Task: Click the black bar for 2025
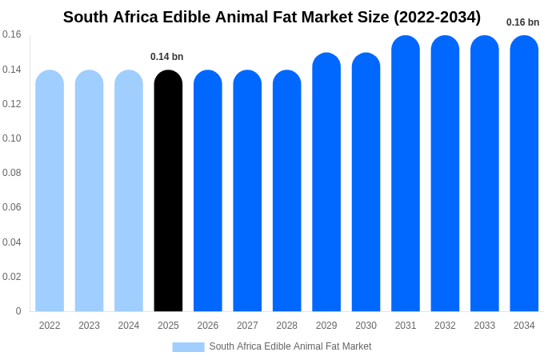[168, 192]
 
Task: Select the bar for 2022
[50, 192]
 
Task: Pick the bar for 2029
[326, 183]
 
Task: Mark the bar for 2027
[247, 192]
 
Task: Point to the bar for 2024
[129, 192]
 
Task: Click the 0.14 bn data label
[167, 57]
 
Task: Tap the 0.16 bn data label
[523, 22]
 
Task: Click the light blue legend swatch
[188, 346]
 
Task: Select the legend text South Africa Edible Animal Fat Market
[290, 346]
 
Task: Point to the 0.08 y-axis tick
[12, 173]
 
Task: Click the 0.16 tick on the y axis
[12, 34]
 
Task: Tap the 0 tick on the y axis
[18, 311]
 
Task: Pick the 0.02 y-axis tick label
[12, 277]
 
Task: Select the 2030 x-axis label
[366, 326]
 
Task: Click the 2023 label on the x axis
[89, 326]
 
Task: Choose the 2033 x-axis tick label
[485, 326]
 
